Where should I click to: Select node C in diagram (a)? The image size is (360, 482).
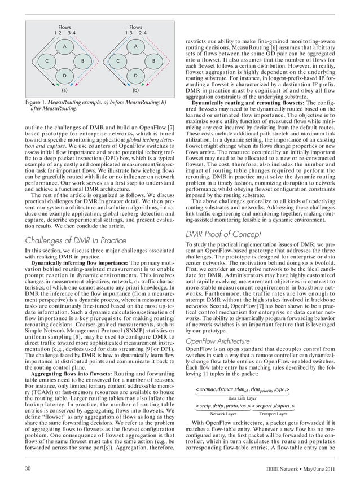coord(47,61)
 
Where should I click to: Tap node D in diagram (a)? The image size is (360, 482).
coord(64,76)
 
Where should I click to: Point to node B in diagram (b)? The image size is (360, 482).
coord(153,61)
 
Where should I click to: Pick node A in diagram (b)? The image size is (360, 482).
coord(135,46)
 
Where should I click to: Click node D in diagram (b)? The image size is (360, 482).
coord(135,76)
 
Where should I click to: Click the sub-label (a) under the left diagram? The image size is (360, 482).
coord(64,90)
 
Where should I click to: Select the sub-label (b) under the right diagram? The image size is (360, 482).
coord(135,90)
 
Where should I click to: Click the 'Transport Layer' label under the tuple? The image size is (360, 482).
coord(273,414)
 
